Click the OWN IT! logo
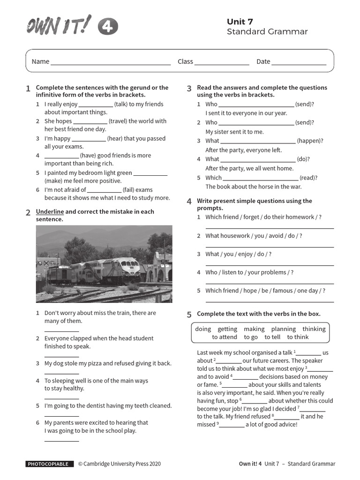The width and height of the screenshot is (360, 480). click(x=59, y=26)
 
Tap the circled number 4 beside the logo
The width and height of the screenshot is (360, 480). click(x=108, y=28)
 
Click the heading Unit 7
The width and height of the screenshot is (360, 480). click(x=240, y=22)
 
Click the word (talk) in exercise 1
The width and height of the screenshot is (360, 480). click(x=121, y=104)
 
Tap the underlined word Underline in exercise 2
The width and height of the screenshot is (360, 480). click(x=50, y=211)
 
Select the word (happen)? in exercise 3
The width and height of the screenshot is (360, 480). click(x=310, y=141)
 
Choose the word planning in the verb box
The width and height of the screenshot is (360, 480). click(x=284, y=329)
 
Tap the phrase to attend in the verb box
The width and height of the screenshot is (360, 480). click(x=225, y=337)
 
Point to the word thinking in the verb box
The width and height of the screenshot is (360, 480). click(x=314, y=329)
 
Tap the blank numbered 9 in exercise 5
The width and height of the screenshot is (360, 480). click(x=232, y=426)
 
